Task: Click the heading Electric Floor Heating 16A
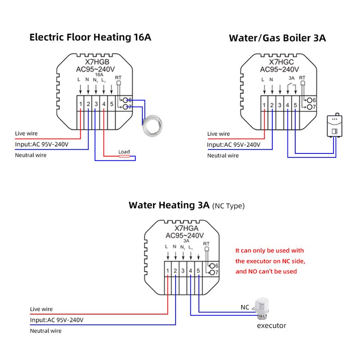click(x=90, y=37)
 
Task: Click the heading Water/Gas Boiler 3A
click(x=277, y=38)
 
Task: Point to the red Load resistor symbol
click(x=124, y=156)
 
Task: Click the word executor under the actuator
click(x=271, y=325)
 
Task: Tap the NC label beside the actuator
click(x=244, y=307)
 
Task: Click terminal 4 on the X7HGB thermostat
click(x=103, y=105)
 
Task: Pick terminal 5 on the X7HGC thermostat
click(x=295, y=105)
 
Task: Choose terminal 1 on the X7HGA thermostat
click(x=167, y=271)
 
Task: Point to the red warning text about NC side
click(x=270, y=261)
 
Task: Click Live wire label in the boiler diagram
click(x=218, y=134)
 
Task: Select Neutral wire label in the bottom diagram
click(x=45, y=331)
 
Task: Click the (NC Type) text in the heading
click(x=228, y=206)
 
